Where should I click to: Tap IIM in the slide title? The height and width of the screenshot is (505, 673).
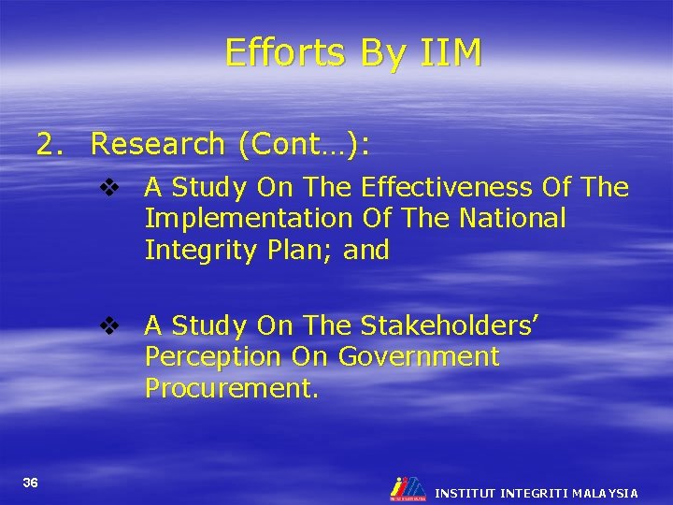(447, 54)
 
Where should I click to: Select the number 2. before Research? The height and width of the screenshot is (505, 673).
(51, 145)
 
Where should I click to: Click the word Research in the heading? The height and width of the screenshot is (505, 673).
(158, 145)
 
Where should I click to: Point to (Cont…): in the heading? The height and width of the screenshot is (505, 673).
(305, 145)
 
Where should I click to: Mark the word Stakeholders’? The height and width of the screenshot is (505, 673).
(449, 325)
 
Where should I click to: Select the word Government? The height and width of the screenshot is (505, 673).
(419, 357)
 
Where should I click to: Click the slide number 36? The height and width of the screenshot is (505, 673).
(31, 483)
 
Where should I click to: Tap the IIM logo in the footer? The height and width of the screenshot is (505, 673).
(408, 487)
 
